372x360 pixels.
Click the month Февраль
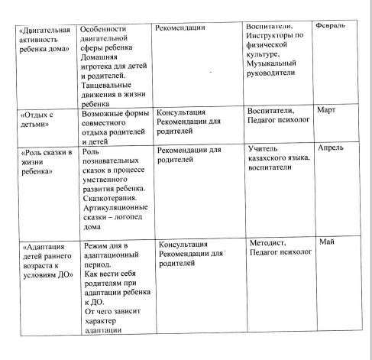click(x=341, y=28)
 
